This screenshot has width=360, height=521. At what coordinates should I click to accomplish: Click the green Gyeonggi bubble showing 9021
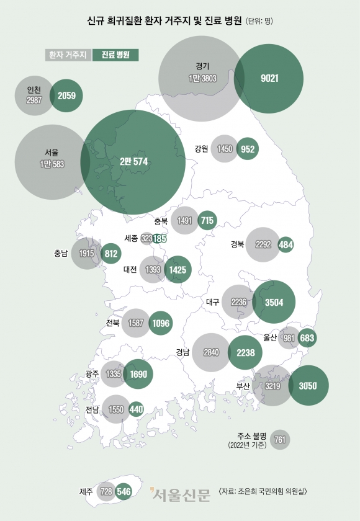tap(269, 78)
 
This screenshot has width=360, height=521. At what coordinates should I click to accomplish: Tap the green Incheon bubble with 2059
tap(66, 96)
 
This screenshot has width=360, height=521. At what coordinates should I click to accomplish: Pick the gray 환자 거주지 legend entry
tap(68, 55)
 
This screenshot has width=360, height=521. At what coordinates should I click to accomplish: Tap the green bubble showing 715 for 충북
tap(207, 220)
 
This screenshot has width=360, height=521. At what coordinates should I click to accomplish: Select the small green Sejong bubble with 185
tap(160, 238)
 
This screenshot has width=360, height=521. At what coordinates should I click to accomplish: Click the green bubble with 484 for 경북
tap(286, 244)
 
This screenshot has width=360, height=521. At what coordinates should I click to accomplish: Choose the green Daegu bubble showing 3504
tap(274, 302)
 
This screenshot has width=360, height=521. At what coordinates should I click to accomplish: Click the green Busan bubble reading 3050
tap(308, 385)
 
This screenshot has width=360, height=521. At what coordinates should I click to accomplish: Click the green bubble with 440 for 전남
tap(136, 409)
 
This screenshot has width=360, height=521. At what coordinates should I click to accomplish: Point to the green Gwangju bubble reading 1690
tap(138, 373)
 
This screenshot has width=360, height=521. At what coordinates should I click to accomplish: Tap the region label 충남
tap(61, 253)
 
